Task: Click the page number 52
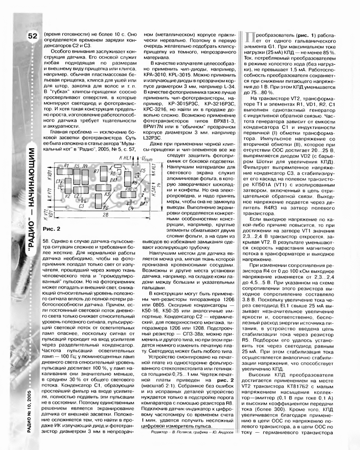31,36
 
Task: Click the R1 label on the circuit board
66,166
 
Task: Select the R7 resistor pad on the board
96,173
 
